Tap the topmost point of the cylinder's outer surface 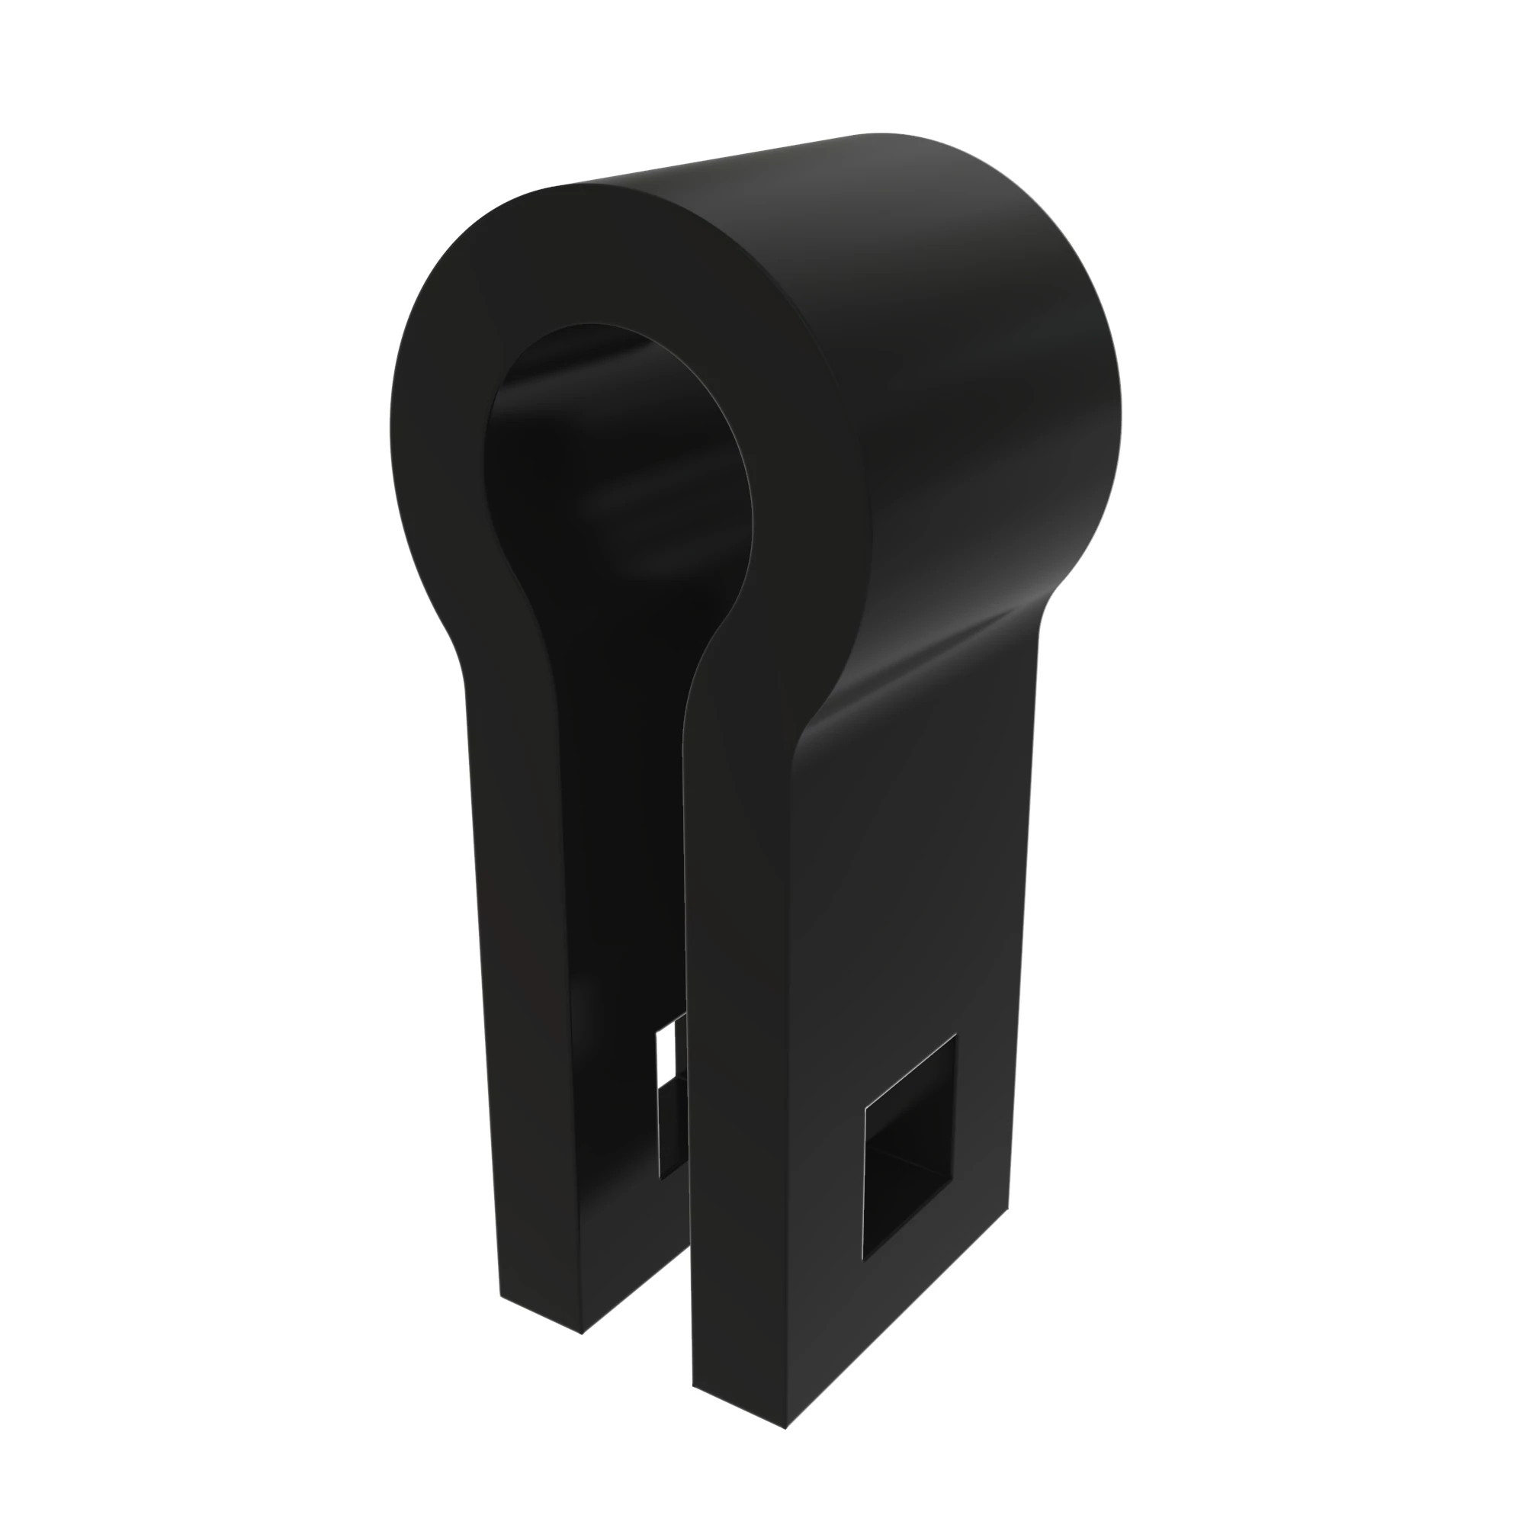coord(876,136)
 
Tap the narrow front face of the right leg coord(734,1105)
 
